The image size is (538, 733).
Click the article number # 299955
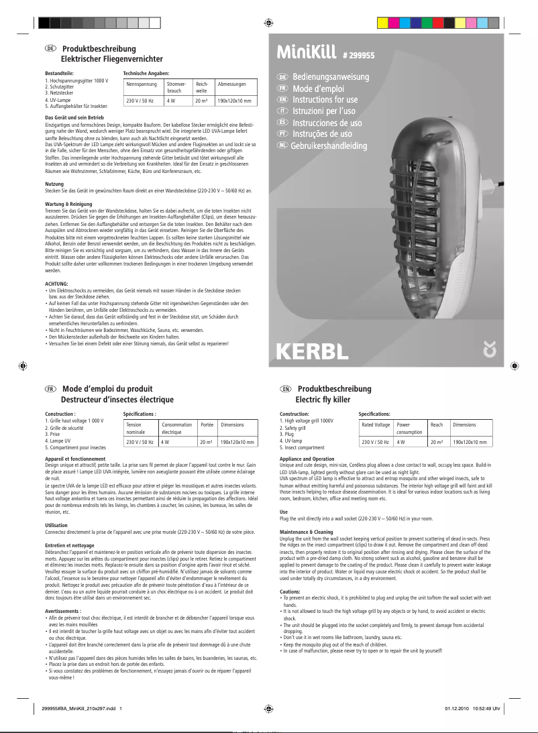[358, 57]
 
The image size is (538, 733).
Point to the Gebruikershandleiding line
[329, 146]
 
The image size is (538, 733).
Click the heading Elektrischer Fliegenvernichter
[112, 59]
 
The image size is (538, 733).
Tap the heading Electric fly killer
[323, 400]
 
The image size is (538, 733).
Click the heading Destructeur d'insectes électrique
[117, 400]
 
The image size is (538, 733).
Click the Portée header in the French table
[207, 425]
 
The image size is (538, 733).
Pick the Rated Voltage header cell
[376, 425]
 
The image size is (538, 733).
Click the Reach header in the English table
[437, 425]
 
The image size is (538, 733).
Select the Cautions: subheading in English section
[291, 591]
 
